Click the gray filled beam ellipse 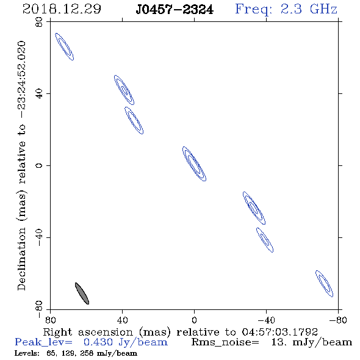pos(82,293)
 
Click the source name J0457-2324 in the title pos(175,10)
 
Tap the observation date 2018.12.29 pos(62,9)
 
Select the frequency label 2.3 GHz pos(309,9)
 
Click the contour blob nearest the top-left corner pos(65,46)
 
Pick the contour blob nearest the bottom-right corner pos(324,284)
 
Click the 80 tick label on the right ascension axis pos(50,320)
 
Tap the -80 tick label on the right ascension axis pos(337,320)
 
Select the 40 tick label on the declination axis pos(39,93)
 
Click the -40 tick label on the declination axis pos(39,237)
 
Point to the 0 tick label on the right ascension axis pos(194,320)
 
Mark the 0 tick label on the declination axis pos(39,165)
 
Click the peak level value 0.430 pos(98,342)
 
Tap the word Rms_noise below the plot pos(225,342)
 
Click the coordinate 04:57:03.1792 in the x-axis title pos(279,332)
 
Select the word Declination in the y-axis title pos(21,259)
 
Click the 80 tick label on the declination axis pos(39,22)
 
